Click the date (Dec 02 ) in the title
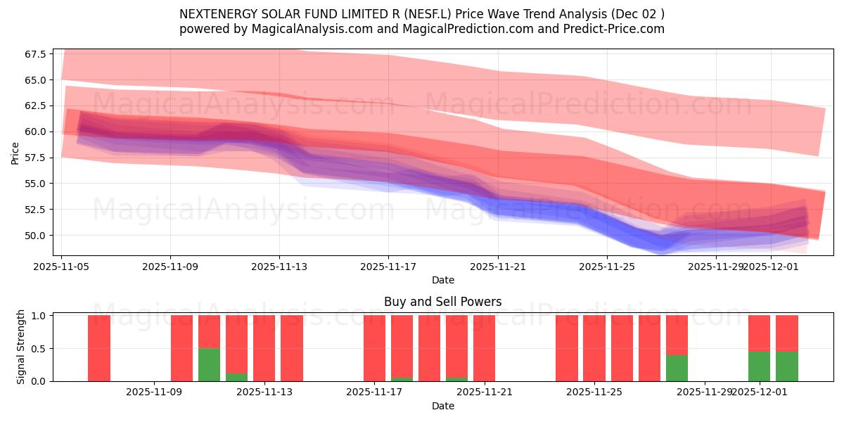(x=637, y=14)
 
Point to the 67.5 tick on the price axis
(x=34, y=54)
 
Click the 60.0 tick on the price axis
(x=34, y=132)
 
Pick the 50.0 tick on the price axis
(x=34, y=235)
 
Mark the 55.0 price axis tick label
(x=34, y=184)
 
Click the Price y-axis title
(x=15, y=153)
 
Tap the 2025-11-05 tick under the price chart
(x=61, y=267)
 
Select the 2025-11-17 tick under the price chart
(x=388, y=267)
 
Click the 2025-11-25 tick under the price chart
(x=606, y=267)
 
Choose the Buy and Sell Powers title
(x=442, y=302)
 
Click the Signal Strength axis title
(x=21, y=347)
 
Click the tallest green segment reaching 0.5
(x=209, y=364)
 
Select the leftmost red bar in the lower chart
(x=99, y=348)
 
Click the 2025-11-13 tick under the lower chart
(x=264, y=392)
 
